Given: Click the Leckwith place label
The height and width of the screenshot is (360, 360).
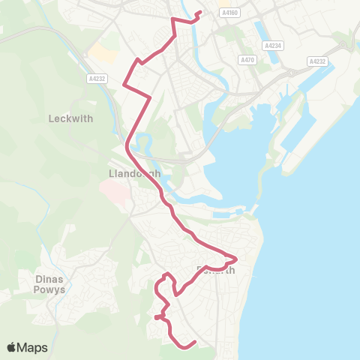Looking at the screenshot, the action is click(69, 118).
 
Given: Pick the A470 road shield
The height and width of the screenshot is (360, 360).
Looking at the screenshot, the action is click(247, 59).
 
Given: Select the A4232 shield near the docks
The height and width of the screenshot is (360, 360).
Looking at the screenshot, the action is click(318, 61).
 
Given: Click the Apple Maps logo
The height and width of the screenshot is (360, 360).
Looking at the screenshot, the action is click(27, 347).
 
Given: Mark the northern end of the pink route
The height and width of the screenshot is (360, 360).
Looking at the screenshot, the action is click(199, 13).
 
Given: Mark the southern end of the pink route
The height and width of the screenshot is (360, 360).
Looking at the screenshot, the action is click(195, 343).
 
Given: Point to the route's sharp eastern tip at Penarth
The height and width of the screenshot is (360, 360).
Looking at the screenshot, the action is click(236, 259).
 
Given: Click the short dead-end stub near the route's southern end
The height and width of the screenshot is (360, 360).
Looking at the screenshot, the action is click(156, 318).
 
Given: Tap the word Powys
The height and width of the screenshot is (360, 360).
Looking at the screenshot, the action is click(50, 289).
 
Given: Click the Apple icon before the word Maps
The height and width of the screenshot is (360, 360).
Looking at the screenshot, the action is click(12, 347).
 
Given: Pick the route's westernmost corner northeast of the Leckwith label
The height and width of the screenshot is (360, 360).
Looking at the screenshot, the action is click(123, 85).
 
